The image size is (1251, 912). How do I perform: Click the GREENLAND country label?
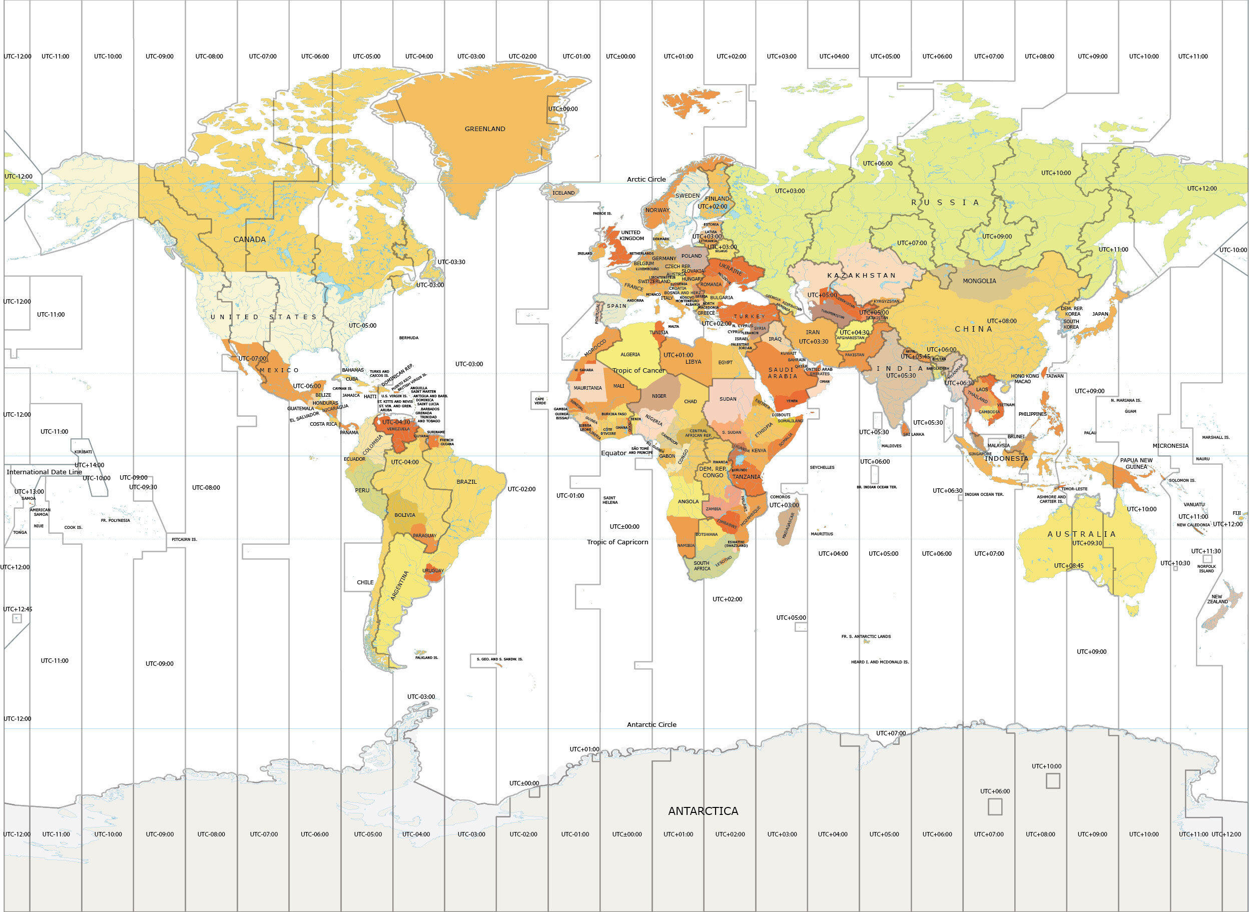point(485,129)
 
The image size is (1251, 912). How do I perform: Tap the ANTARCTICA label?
point(703,811)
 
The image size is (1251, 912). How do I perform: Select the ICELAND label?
point(563,193)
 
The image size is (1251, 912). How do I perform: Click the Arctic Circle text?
point(646,179)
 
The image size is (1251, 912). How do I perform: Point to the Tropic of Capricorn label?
point(617,542)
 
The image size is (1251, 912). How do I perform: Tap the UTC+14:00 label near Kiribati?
point(89,465)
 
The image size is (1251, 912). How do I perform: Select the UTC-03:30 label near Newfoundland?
point(451,262)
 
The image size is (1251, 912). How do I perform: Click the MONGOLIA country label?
point(979,281)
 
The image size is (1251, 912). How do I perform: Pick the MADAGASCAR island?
point(787,526)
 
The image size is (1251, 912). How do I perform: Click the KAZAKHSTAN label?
point(861,275)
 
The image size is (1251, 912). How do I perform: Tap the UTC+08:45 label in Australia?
point(1068,565)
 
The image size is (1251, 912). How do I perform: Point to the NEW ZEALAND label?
point(1217,599)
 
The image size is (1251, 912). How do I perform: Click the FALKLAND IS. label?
point(426,657)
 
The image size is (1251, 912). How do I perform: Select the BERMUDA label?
point(408,337)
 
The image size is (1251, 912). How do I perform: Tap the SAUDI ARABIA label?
point(782,373)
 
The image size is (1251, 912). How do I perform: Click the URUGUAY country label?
point(433,570)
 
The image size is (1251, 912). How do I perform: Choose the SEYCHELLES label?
point(822,467)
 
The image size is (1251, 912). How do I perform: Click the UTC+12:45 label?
point(17,609)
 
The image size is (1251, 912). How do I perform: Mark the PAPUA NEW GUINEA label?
point(1136,463)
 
